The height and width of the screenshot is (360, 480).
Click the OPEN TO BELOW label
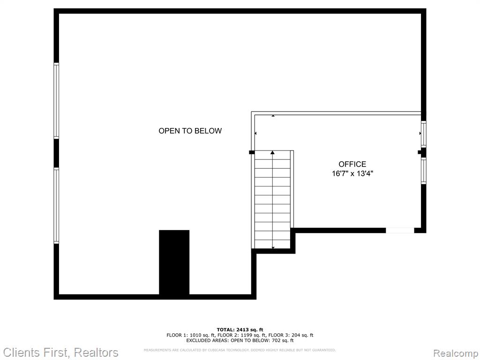coord(190,131)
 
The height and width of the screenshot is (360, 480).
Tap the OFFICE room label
coord(352,165)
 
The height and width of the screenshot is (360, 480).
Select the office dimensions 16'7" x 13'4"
coord(352,174)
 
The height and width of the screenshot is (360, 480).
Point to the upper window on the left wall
coord(56,101)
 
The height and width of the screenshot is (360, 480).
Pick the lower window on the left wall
coord(56,206)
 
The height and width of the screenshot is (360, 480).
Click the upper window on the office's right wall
coord(424,134)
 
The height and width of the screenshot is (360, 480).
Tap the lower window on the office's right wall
coord(424,171)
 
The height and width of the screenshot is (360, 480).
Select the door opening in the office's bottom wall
coord(400,231)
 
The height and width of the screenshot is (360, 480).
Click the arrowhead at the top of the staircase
coord(272,152)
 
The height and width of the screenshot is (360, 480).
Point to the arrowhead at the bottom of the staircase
coord(273,247)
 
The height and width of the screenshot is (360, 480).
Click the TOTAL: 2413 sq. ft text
coord(240,330)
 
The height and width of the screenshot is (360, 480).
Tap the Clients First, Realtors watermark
coord(60,352)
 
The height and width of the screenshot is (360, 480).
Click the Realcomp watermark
coord(456,353)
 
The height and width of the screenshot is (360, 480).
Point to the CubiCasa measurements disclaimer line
coord(240,350)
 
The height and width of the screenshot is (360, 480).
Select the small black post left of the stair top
coord(252,152)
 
